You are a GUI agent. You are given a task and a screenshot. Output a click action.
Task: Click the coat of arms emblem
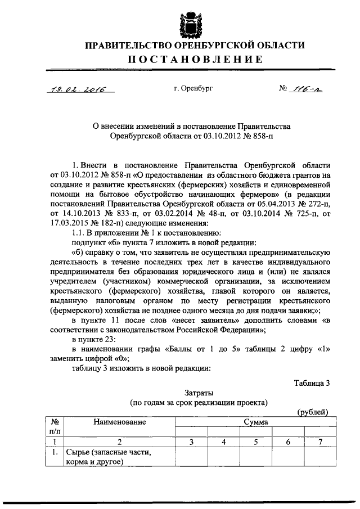pos(180,21)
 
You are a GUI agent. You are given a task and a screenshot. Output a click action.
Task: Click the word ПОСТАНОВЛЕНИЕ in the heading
pos(180,59)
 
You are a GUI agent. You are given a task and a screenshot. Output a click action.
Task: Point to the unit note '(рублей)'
pos(313,412)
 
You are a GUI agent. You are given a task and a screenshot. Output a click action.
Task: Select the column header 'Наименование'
pos(119,421)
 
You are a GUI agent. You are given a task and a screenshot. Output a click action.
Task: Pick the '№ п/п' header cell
pos(56,426)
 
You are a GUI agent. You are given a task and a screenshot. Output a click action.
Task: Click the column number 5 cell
pos(256,442)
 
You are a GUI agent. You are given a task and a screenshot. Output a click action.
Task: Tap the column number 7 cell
pos(319,442)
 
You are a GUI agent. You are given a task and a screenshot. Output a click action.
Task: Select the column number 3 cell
pos(191,442)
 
